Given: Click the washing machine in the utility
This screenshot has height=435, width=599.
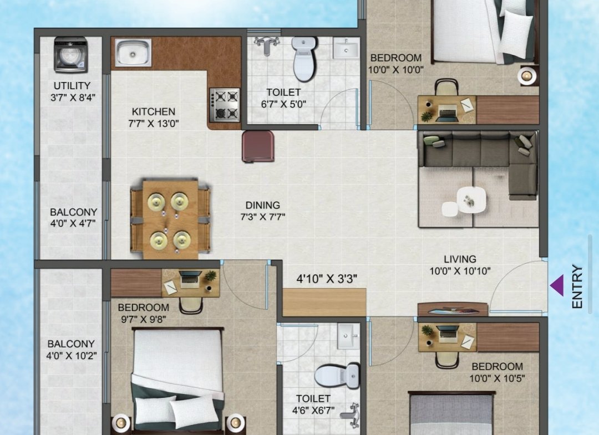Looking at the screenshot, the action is pos(71,54).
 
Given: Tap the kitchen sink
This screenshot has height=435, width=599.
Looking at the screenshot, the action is pos(134,52).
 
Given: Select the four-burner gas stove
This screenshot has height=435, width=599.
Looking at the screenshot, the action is pos(225,105).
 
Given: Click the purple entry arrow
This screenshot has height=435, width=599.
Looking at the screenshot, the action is pos(557,285).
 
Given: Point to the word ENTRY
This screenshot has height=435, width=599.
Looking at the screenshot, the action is pos(577,286).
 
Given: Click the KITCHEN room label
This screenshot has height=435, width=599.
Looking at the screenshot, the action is pos(154,112).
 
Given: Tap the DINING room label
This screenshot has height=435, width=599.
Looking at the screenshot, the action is pos(263,205).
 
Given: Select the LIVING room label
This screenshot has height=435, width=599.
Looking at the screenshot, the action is pos(460,259).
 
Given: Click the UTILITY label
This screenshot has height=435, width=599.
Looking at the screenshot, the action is pos(72,85).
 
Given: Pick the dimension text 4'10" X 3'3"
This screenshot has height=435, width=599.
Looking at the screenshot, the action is pos(327,279).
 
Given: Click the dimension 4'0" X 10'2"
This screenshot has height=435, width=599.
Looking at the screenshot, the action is pos(72,356).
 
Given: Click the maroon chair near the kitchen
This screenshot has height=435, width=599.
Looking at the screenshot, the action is pos(258,146).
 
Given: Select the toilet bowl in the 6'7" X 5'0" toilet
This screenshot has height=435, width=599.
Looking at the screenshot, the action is pos(304,59).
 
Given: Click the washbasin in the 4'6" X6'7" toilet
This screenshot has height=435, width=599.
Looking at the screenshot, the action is pos(348,336).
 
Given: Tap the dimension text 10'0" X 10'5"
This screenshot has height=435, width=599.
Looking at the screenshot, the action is pos(497,378).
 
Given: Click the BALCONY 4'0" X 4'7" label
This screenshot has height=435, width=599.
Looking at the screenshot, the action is pos(73,217).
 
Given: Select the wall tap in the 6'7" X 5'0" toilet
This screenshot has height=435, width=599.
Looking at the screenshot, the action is pos(268,45).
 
